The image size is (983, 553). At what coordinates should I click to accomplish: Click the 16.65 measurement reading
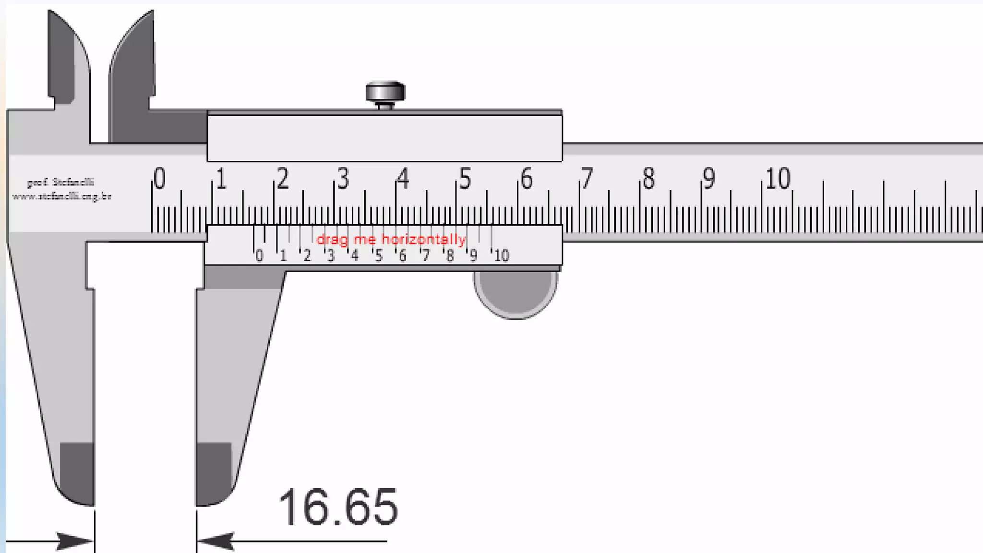point(338,507)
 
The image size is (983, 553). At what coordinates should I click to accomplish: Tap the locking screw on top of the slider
point(385,92)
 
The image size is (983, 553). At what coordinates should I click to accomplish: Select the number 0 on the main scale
point(160,179)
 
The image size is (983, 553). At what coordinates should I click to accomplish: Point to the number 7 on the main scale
point(587,179)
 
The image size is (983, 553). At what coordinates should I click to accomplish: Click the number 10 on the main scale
point(778,179)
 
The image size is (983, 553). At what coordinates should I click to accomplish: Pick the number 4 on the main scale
point(403,179)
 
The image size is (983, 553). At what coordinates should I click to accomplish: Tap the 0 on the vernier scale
point(259,256)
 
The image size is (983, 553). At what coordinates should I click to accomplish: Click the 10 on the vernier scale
point(502,256)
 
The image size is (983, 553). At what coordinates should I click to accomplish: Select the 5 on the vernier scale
point(379,256)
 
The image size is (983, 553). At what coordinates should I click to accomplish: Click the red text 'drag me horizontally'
point(391,239)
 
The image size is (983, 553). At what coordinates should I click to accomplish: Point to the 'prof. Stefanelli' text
point(60,182)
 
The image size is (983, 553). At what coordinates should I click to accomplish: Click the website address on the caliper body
point(61,196)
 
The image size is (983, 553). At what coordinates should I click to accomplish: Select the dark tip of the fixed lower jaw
point(77,473)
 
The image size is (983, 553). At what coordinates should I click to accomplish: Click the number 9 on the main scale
point(709,179)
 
